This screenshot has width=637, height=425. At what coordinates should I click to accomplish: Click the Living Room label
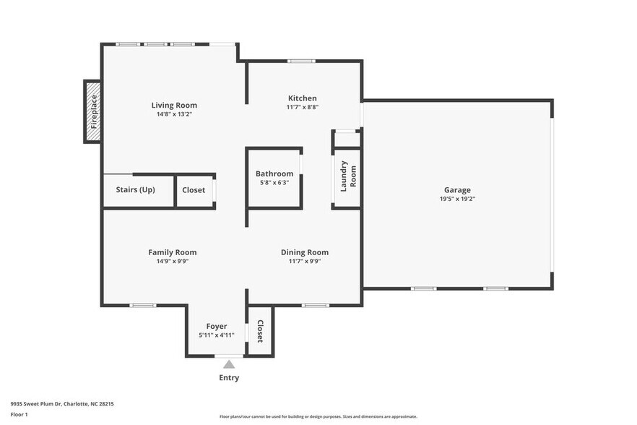click(173, 105)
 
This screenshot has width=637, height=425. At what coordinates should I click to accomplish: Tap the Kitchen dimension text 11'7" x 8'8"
click(302, 107)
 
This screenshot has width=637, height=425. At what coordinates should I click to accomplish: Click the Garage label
click(457, 189)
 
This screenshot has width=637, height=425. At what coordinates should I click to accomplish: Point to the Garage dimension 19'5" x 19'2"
click(457, 199)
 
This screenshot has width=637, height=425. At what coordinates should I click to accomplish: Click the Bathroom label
click(274, 173)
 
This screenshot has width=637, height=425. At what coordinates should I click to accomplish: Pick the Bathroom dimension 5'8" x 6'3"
click(274, 183)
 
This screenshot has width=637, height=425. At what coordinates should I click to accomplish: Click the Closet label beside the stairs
click(194, 190)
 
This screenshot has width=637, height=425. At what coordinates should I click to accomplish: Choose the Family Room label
click(172, 252)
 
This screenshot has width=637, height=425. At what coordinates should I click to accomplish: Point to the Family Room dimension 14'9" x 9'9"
click(172, 262)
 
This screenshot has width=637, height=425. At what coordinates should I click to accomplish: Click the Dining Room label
click(304, 252)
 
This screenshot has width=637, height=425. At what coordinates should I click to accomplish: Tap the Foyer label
click(217, 326)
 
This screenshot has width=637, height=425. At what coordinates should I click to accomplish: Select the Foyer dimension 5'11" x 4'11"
click(217, 335)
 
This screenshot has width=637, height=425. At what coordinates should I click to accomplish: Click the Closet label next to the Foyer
click(260, 331)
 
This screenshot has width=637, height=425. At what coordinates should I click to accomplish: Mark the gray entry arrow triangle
click(229, 364)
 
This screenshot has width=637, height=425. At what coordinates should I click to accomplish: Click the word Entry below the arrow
click(229, 378)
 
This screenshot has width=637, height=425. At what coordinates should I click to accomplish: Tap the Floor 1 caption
click(19, 414)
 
